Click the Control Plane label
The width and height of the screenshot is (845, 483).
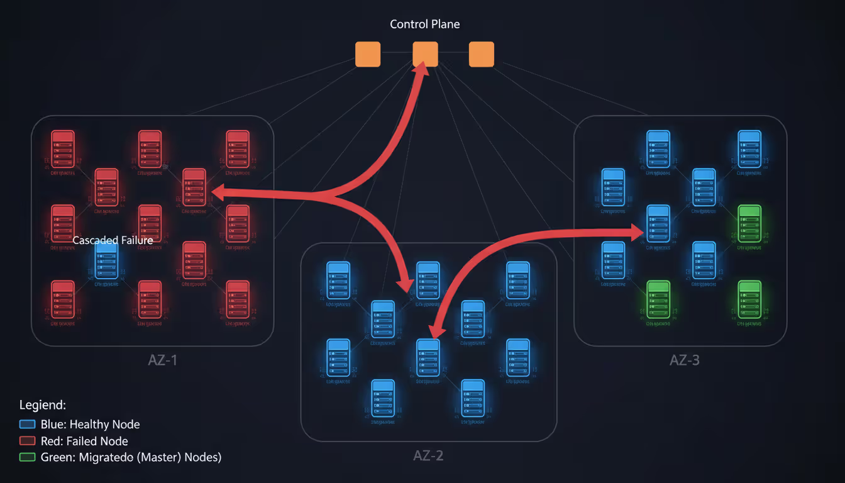[x=424, y=25]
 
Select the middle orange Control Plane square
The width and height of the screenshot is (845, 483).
[x=425, y=54]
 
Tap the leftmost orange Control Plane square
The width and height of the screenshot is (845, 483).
[x=368, y=54]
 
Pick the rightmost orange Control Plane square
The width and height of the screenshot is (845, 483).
[x=482, y=54]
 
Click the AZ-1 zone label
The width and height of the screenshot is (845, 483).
[x=163, y=360]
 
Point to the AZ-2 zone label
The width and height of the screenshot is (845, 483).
[x=428, y=455]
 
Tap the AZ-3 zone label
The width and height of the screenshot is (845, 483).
[x=685, y=360]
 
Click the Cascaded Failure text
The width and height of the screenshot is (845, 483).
[x=113, y=240]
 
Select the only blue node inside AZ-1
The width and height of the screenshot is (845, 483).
[x=106, y=260]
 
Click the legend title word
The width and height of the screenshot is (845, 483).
[x=43, y=405]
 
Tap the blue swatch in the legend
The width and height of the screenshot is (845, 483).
[x=27, y=425]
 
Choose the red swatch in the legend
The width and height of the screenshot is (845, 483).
[x=27, y=441]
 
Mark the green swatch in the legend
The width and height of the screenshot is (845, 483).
[x=27, y=457]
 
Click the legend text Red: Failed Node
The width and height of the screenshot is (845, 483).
[x=84, y=441]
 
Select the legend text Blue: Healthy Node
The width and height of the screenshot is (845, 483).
[x=90, y=425]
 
